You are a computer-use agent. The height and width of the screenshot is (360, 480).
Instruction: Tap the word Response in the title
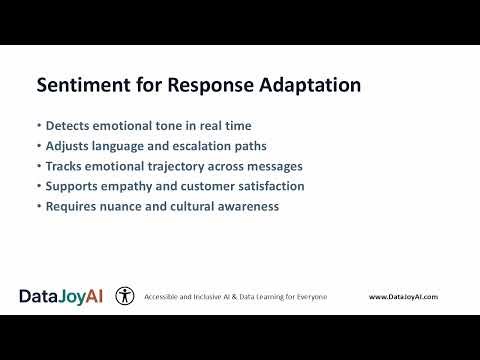tap(206, 86)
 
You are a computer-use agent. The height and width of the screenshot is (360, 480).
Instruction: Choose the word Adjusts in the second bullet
tap(66, 148)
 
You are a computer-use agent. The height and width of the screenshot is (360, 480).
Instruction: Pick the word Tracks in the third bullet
tap(63, 167)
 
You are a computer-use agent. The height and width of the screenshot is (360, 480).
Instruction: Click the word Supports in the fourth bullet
tap(70, 186)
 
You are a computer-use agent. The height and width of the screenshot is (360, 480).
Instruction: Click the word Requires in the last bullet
tap(69, 205)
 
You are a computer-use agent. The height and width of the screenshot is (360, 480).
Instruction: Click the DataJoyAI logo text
tap(60, 296)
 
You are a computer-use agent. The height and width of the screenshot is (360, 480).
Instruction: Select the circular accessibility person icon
tap(125, 296)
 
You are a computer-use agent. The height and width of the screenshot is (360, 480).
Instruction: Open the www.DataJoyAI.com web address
tap(403, 297)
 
